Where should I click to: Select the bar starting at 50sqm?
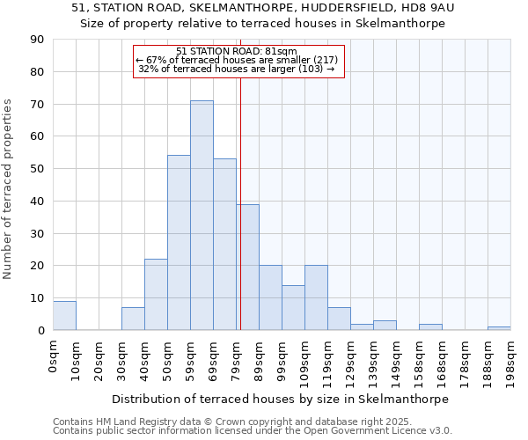[x=179, y=243]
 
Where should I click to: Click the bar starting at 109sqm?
[x=316, y=298]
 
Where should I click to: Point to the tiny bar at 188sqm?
[x=499, y=328]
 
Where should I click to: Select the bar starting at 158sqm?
[x=430, y=327]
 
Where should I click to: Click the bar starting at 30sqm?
[x=133, y=319]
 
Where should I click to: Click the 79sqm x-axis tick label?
[x=236, y=359]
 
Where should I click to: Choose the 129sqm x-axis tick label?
[x=350, y=361]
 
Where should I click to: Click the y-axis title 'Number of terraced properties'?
[x=9, y=189]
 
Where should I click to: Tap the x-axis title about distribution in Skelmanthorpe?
[x=281, y=399]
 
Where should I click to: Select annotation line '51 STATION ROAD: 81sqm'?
[x=237, y=51]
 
